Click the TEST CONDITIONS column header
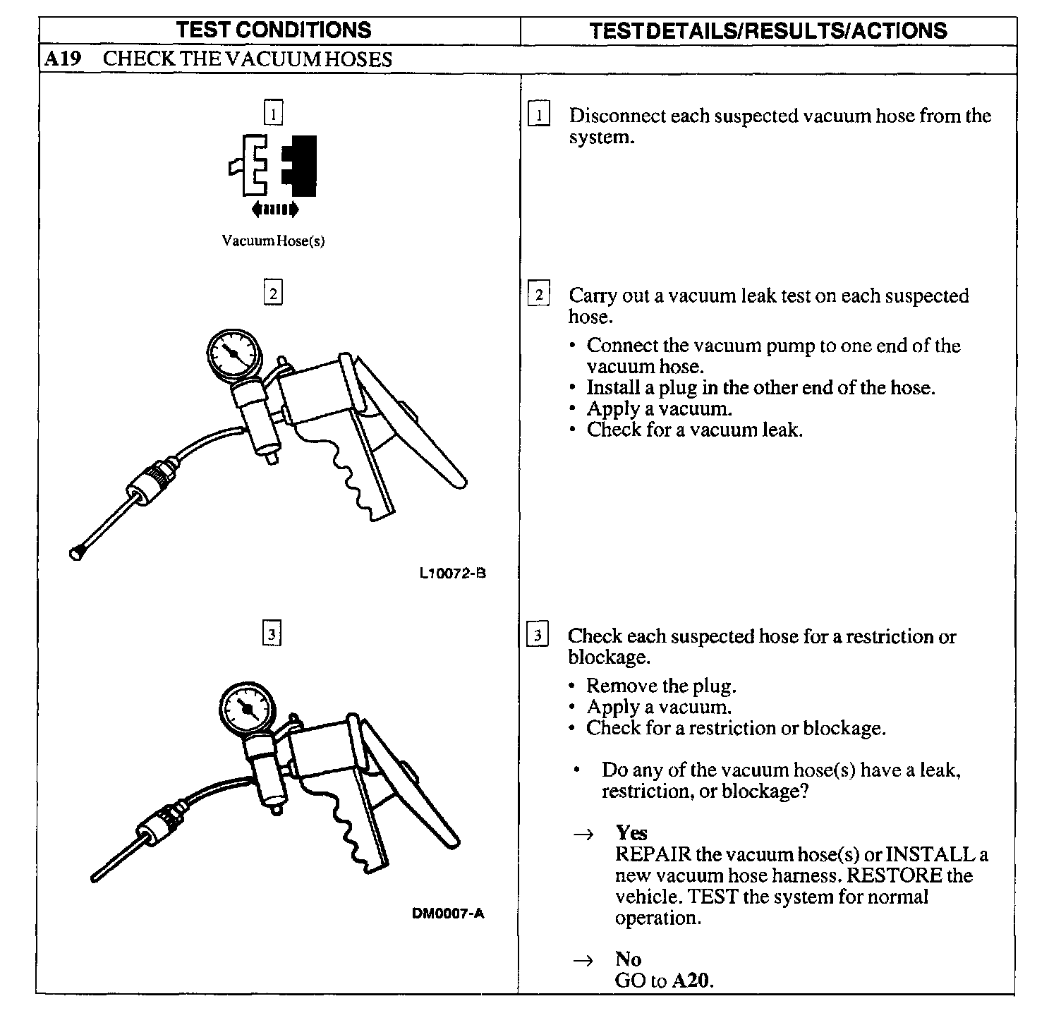point(273,30)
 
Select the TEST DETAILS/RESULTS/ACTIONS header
point(768,30)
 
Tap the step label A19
point(61,59)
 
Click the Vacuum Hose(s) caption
point(273,241)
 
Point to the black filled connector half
point(301,165)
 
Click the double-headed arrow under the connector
point(275,209)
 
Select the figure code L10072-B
point(452,573)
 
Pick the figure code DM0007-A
point(448,914)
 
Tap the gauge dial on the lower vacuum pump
point(245,710)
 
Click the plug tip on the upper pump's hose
point(75,552)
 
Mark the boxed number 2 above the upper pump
point(273,292)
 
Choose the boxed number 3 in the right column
point(538,636)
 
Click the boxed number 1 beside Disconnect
point(539,115)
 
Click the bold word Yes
point(631,833)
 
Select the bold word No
point(628,959)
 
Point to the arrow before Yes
point(583,835)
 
